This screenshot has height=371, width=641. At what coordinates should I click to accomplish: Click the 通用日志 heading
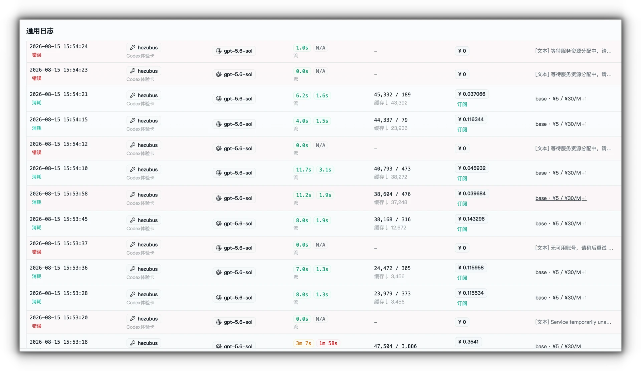(x=40, y=31)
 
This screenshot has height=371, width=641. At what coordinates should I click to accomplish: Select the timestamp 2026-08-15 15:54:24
(x=59, y=46)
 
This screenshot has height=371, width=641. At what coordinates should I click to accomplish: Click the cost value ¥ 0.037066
(x=472, y=94)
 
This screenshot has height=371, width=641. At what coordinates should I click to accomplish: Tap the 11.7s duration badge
(x=303, y=170)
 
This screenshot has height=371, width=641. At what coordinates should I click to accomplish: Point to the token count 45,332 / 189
(x=392, y=95)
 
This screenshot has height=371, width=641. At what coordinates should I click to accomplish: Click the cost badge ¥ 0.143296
(x=471, y=219)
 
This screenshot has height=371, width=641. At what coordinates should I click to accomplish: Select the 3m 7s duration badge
(x=303, y=343)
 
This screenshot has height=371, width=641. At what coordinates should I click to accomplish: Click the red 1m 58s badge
(x=328, y=343)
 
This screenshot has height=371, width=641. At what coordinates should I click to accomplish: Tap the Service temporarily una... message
(x=573, y=322)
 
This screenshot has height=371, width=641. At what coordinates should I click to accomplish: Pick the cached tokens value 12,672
(x=399, y=228)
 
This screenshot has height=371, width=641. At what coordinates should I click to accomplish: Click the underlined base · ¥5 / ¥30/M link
(x=561, y=198)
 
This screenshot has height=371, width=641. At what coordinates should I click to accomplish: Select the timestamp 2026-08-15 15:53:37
(x=59, y=244)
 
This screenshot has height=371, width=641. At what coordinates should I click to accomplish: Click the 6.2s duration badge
(x=302, y=96)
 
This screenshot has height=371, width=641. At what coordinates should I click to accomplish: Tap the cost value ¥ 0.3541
(x=468, y=342)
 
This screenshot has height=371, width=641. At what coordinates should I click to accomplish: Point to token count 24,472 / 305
(x=392, y=268)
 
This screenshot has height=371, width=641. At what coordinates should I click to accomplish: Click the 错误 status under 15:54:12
(x=37, y=152)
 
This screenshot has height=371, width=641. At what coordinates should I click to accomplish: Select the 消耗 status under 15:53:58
(x=37, y=202)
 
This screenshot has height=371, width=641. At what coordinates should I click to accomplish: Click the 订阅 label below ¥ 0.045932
(x=462, y=178)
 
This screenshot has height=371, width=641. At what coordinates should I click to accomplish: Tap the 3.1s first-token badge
(x=325, y=170)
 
